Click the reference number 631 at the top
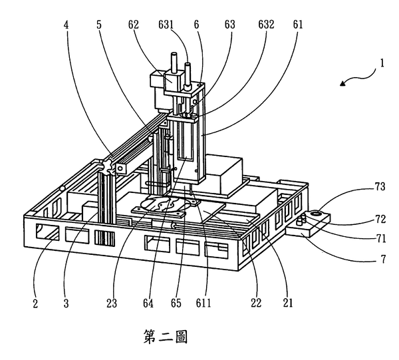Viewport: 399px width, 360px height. point(166,25)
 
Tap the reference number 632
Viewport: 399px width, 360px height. point(266,25)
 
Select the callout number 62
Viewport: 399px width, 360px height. point(134,25)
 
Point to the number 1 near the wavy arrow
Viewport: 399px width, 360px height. point(382,63)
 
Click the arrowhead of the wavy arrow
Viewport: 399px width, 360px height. point(343,83)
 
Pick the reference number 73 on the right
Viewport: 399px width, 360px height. point(380,186)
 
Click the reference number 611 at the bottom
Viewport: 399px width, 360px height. point(203,303)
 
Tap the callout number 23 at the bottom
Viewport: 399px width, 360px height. point(112,303)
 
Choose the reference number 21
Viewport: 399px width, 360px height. point(288,303)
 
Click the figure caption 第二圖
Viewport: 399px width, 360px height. point(166,337)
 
